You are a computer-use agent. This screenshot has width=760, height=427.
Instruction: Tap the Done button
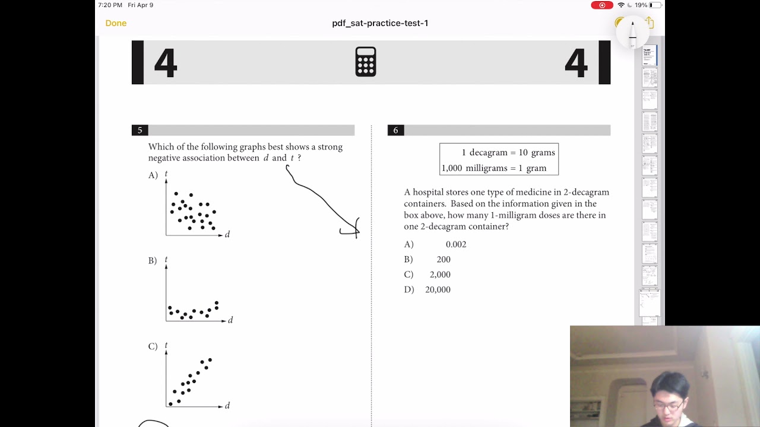coord(116,23)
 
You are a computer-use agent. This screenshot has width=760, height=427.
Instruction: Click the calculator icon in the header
coord(366,62)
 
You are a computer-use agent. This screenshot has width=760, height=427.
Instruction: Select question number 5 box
coord(140,130)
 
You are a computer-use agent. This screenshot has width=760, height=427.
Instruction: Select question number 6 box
coord(395,130)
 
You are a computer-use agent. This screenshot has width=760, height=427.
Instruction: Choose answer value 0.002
coord(456,244)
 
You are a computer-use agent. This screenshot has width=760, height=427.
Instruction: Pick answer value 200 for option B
coord(444,260)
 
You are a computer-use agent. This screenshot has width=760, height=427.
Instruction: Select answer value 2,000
coord(440,275)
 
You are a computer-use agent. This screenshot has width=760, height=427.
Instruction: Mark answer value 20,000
coord(438,290)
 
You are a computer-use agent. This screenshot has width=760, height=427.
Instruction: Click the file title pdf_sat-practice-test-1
coord(380,23)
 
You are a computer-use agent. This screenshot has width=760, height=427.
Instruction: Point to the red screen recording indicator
coord(601,5)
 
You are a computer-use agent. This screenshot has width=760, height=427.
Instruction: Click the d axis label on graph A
coord(227,235)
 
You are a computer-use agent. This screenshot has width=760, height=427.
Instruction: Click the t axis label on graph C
coord(166,345)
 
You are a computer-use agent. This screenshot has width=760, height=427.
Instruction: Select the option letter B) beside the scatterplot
coord(153,261)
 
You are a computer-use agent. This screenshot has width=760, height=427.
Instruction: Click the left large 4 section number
coord(165,63)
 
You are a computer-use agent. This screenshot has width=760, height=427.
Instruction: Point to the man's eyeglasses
coord(669,406)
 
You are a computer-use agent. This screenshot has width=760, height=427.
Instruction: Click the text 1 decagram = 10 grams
coord(508,153)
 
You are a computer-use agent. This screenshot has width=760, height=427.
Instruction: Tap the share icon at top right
coord(650,23)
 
